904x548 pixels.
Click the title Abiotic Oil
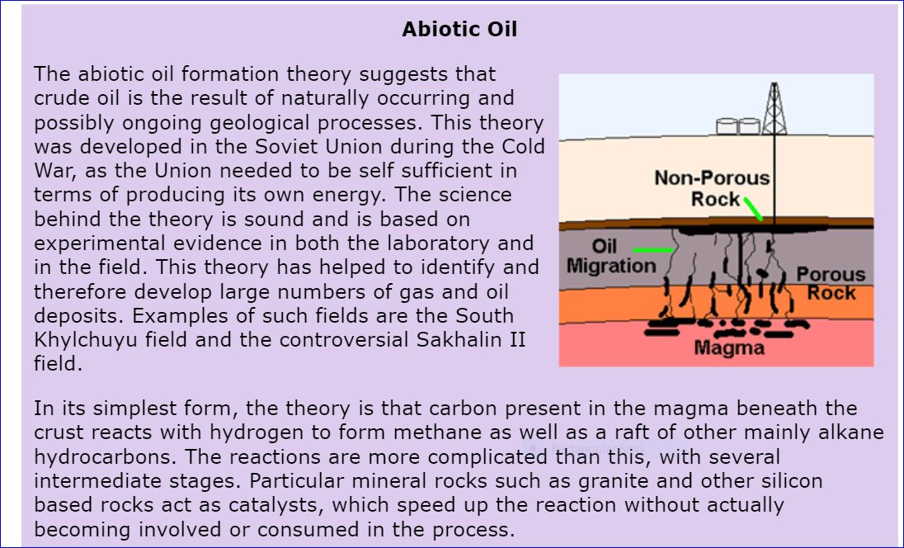coord(459,30)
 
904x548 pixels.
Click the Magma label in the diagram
coord(729,347)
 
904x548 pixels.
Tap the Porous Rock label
coord(831,283)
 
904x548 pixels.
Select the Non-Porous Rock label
coord(712,188)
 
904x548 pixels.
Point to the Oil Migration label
coord(611,256)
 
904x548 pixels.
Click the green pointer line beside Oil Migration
coord(652,250)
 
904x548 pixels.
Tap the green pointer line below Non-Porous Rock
coord(754,209)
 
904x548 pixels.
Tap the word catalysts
coord(271,505)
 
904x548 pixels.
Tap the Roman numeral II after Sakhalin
coord(517,339)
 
